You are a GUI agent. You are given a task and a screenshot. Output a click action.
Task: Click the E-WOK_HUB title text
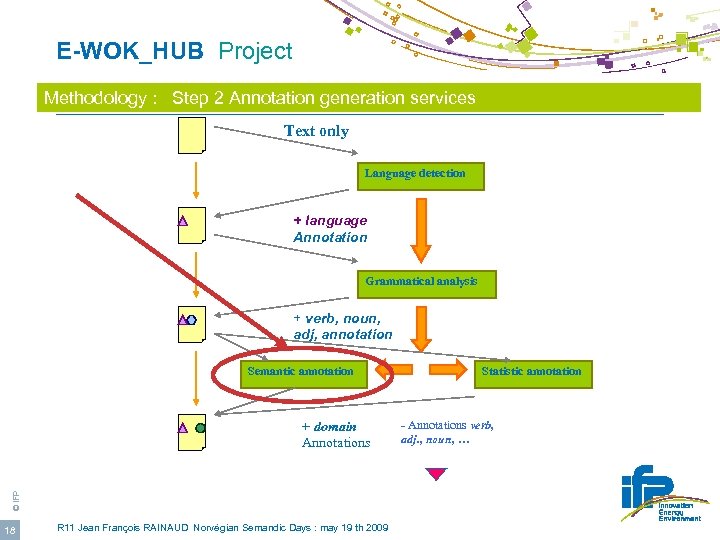coord(131,51)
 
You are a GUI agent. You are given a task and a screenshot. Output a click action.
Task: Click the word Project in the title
coord(255,51)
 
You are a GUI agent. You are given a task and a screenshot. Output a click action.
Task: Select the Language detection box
coord(414,174)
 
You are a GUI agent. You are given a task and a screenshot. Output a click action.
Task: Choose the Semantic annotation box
coord(300,372)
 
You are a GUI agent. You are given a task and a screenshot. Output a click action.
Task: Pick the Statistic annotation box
coord(530,372)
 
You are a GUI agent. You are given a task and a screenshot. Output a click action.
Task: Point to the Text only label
coord(316,131)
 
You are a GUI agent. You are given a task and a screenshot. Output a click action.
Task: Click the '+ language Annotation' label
coord(330,229)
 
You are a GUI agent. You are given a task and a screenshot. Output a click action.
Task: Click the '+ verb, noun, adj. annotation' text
coord(342,326)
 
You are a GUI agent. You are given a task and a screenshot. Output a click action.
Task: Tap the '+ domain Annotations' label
coord(335,434)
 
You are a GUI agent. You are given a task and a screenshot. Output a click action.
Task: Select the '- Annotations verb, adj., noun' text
coord(447,432)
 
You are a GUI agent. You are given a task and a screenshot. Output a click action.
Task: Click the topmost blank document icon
coord(191,135)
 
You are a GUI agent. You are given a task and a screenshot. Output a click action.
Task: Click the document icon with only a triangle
coord(190,225)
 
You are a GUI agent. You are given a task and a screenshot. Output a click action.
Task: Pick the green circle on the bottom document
coord(200,428)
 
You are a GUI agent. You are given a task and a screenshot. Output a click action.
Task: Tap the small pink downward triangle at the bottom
coord(436,474)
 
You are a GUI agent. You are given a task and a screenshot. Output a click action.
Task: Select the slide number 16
coord(10,529)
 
